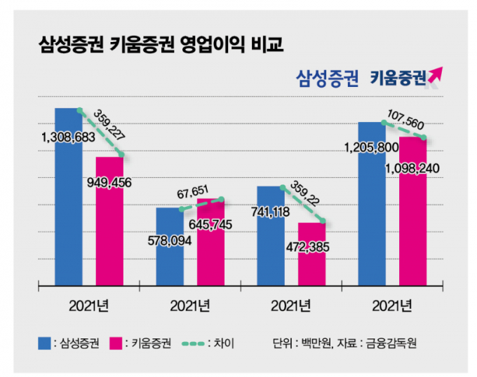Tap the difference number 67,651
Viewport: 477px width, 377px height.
pos(194,192)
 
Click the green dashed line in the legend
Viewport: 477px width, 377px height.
pos(199,343)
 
